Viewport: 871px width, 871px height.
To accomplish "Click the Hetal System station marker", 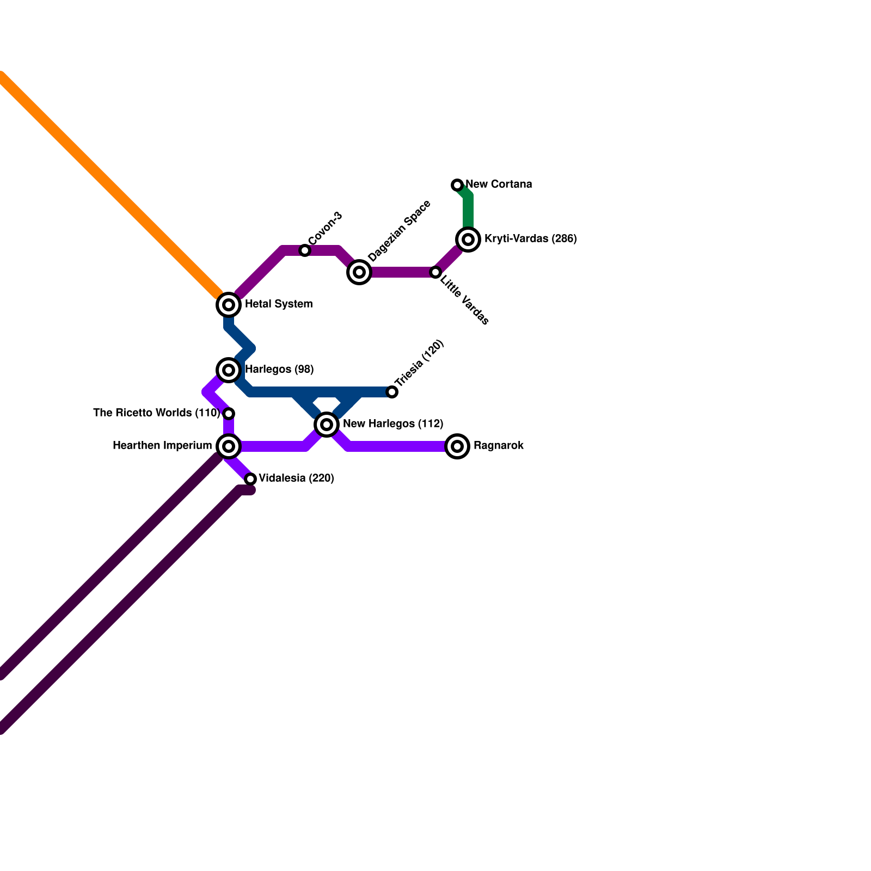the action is (x=229, y=305).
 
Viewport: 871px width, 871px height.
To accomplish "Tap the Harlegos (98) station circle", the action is (x=229, y=370).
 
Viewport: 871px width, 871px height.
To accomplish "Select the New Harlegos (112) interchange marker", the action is (x=327, y=425).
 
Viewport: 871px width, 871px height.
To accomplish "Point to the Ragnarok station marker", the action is (x=457, y=446).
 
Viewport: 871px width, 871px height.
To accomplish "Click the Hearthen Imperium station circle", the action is (x=229, y=446).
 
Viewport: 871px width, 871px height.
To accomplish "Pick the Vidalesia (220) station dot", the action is (x=250, y=479).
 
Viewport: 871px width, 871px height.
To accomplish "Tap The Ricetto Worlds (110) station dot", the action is (x=229, y=414).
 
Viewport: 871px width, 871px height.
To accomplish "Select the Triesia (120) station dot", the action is (x=392, y=392).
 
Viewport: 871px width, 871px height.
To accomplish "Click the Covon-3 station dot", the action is (x=305, y=250).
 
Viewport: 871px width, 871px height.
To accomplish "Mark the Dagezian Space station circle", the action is (x=359, y=272).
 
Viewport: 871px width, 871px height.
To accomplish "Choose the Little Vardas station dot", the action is (x=436, y=272).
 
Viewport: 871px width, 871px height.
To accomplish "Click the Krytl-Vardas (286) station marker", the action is (x=468, y=240).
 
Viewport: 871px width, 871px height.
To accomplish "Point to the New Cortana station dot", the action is (x=457, y=185).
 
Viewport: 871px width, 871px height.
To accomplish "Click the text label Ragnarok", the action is (x=498, y=446).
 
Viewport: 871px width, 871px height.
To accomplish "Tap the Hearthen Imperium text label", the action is (x=162, y=446).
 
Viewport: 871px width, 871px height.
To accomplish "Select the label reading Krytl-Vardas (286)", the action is (x=530, y=239).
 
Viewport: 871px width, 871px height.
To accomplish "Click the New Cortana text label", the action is (x=499, y=185).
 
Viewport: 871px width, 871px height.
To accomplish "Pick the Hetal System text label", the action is (x=279, y=304).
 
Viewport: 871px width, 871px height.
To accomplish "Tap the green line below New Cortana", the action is (x=468, y=212).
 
